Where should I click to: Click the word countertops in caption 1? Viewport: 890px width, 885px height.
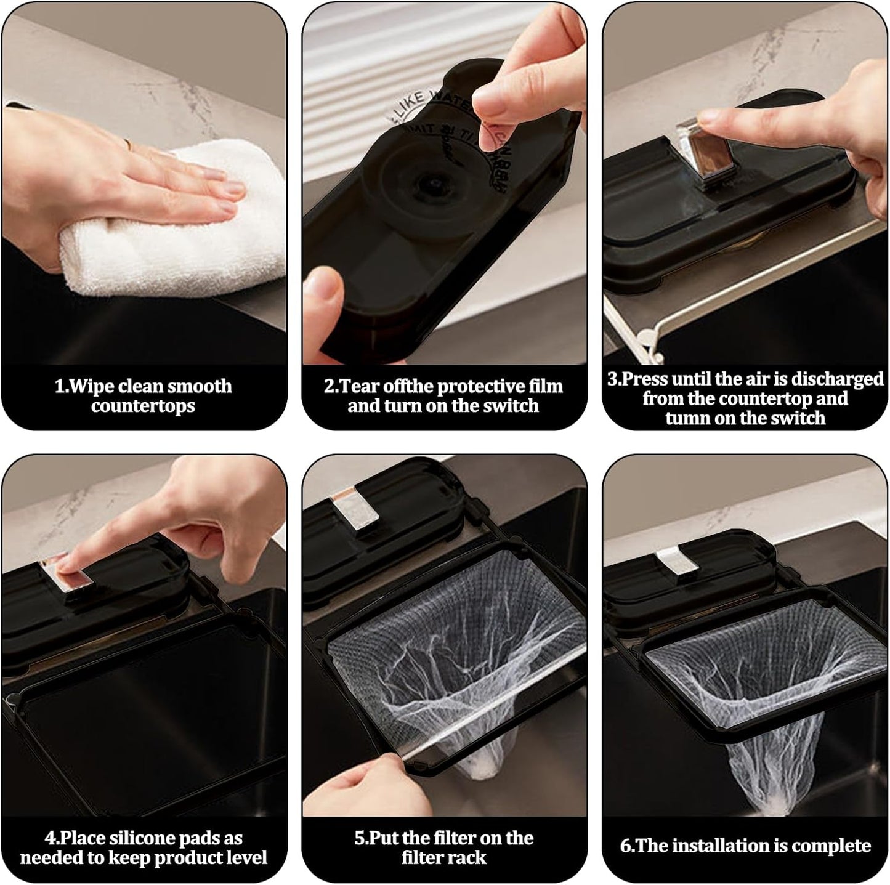[143, 406]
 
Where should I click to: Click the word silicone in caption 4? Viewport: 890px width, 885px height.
[157, 838]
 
